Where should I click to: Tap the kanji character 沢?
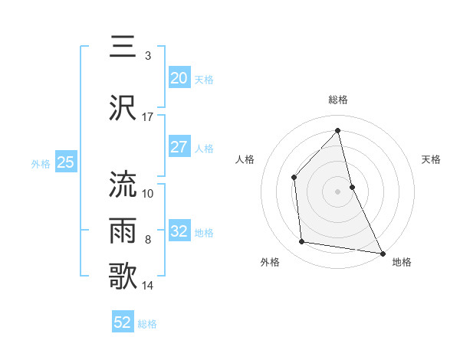click(x=123, y=107)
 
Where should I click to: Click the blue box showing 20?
click(x=179, y=78)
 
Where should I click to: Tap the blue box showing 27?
click(x=179, y=147)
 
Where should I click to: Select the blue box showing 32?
click(x=179, y=231)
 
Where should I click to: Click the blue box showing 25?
click(x=66, y=162)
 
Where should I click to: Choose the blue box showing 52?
click(x=123, y=322)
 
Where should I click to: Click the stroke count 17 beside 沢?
click(x=147, y=117)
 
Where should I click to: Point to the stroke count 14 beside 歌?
click(x=147, y=286)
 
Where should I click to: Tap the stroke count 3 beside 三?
click(x=147, y=56)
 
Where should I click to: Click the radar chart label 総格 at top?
click(x=338, y=100)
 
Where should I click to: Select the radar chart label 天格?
click(x=432, y=159)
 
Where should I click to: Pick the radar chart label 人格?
click(x=245, y=159)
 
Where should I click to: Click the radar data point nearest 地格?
click(x=382, y=253)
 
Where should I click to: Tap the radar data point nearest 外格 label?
click(x=302, y=242)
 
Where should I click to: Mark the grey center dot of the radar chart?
click(x=338, y=191)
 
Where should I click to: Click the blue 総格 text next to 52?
click(x=147, y=324)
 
